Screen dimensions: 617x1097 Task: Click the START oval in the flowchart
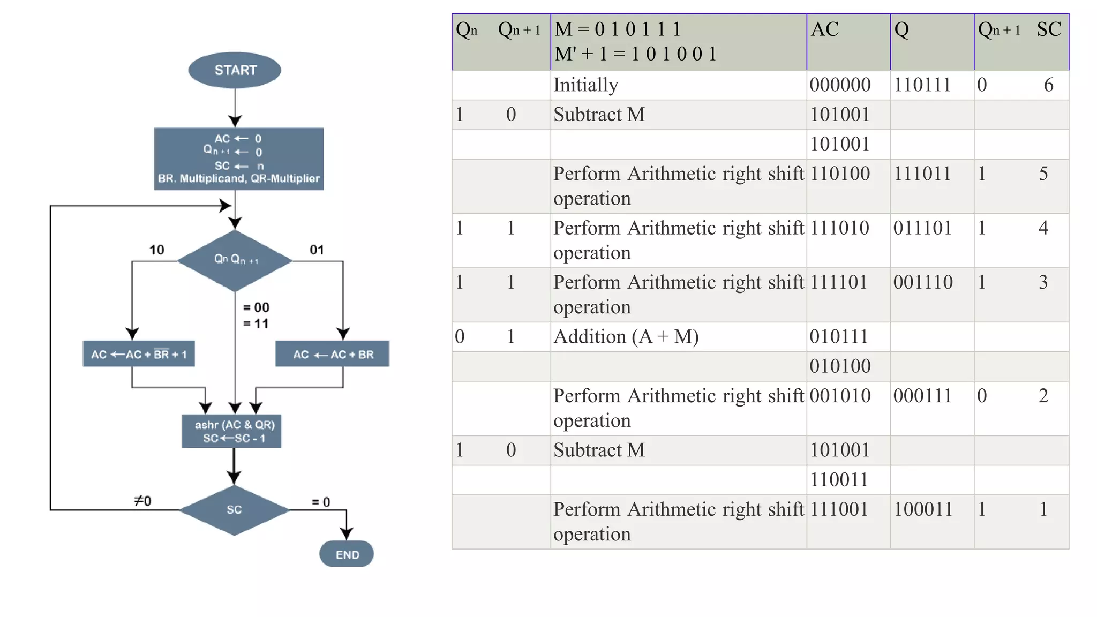point(235,70)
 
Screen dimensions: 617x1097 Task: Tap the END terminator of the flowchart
point(347,554)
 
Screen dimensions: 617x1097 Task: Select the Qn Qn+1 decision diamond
point(235,260)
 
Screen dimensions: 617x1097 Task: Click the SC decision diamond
point(234,509)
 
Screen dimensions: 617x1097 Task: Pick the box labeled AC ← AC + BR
point(332,354)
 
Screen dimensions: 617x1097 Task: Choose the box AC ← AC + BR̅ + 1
point(139,354)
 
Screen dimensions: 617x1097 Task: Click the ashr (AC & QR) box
point(232,431)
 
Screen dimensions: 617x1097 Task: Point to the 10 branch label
point(156,250)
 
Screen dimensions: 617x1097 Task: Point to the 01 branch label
point(317,250)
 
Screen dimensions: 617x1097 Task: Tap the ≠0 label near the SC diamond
point(142,501)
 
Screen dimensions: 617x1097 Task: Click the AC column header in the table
point(825,30)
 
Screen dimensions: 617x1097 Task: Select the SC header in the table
point(1048,30)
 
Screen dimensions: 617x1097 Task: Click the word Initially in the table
point(585,85)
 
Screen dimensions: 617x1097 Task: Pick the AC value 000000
point(840,85)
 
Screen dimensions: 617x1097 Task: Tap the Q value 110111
point(922,85)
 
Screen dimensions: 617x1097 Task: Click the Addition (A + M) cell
point(626,337)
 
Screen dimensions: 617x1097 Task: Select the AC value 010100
point(840,366)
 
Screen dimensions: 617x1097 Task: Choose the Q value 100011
point(923,509)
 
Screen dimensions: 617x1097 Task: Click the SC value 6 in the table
point(1048,85)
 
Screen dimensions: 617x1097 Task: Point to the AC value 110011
point(839,480)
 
